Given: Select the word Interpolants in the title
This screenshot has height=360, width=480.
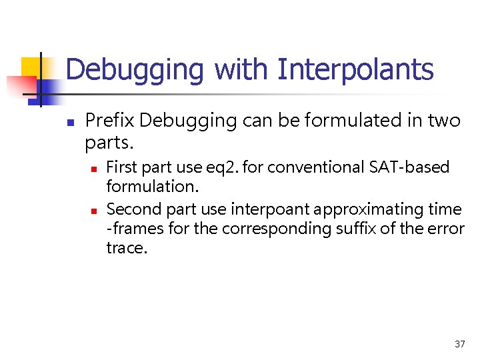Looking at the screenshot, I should point(355,69).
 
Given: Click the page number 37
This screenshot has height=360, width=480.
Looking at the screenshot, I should point(459,344).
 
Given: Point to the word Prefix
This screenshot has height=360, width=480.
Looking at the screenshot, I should point(110,121).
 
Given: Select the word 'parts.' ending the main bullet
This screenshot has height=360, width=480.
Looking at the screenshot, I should point(109,143).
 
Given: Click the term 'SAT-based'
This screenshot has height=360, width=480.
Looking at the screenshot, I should point(410,167).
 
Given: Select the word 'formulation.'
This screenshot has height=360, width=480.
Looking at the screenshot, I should point(153,186).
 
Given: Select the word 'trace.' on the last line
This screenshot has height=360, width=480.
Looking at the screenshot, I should point(125,248).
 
